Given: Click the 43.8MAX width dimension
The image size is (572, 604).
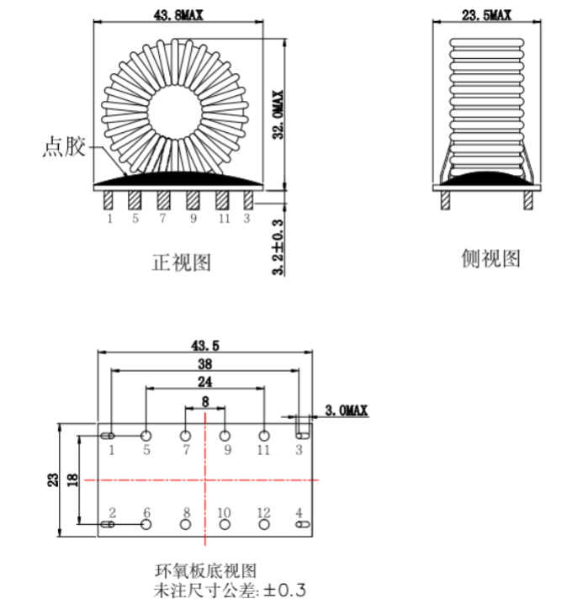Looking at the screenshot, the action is (178, 14).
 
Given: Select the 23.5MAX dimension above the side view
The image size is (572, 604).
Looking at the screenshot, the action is (486, 14).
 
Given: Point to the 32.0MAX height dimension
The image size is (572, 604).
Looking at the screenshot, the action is (278, 114).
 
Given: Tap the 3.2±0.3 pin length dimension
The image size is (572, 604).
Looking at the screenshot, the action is (278, 246).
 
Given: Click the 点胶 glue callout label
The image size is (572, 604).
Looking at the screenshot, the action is (64, 146).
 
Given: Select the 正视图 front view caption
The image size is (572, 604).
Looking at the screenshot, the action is (182, 262).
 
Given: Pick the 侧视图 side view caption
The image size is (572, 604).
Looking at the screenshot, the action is (490, 258).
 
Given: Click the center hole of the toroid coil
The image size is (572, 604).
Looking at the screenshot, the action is (174, 111).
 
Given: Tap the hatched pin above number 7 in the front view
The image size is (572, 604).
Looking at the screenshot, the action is (163, 200).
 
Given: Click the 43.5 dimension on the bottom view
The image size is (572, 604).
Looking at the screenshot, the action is (205, 345).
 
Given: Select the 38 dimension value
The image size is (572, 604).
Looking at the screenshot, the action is (205, 363).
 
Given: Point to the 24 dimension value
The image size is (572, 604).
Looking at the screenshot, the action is (205, 382).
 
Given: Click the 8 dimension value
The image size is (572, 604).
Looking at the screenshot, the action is (205, 401).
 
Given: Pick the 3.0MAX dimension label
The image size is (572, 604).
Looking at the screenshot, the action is (347, 410).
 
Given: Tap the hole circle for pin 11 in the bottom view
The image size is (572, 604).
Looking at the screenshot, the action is (264, 436).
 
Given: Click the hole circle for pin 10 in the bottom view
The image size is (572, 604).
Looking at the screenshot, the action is (225, 524).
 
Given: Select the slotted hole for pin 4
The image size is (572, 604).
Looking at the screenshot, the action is (302, 524).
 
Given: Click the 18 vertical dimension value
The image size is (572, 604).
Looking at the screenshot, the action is (72, 480).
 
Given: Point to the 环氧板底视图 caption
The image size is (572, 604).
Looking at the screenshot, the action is (206, 570).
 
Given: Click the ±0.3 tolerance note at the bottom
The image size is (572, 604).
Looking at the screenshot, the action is (285, 591).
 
